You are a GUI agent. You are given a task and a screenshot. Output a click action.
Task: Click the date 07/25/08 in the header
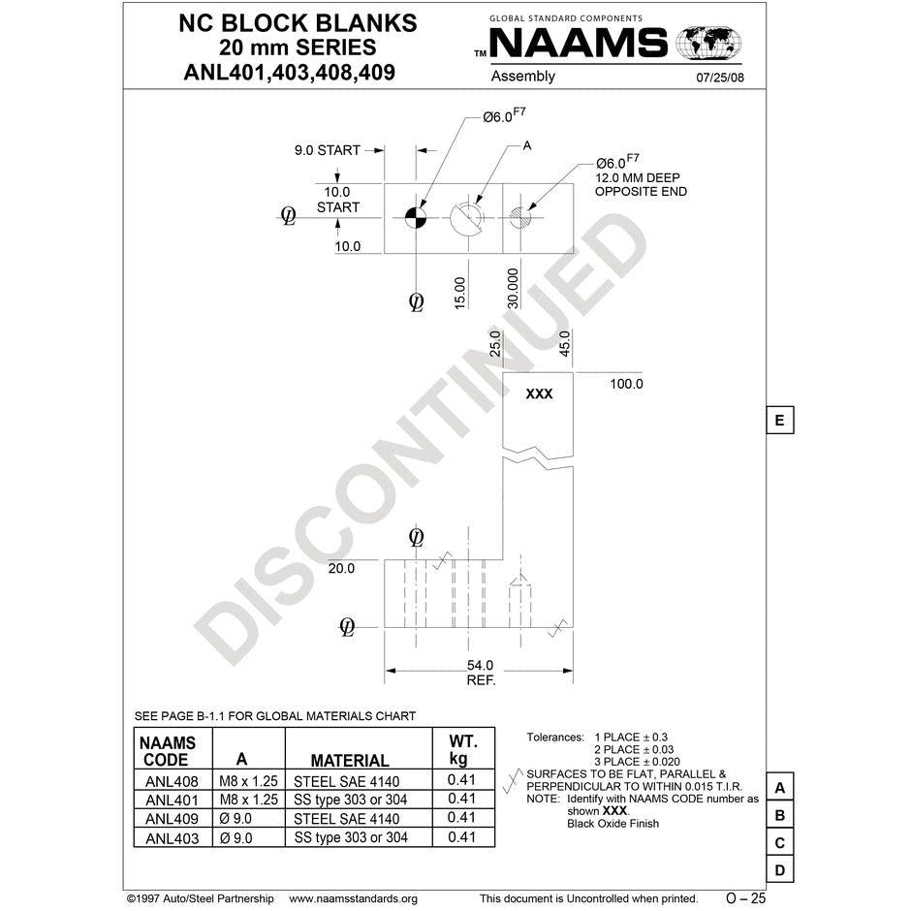(x=721, y=79)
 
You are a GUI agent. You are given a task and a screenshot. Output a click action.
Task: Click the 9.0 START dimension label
(x=327, y=150)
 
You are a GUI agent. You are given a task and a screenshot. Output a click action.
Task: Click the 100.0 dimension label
(x=626, y=384)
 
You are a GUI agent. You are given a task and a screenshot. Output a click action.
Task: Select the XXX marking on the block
(x=539, y=394)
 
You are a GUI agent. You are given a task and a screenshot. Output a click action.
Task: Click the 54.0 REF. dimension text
(x=481, y=673)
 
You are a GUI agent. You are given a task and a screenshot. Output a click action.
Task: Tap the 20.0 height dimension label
(x=341, y=569)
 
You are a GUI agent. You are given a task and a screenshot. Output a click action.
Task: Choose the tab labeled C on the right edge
(x=779, y=843)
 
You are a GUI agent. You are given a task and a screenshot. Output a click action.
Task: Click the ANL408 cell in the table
(x=172, y=781)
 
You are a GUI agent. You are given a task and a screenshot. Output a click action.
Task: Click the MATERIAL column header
(x=350, y=761)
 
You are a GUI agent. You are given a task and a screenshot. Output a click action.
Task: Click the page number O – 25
(x=745, y=898)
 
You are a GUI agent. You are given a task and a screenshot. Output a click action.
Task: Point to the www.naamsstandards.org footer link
(x=353, y=898)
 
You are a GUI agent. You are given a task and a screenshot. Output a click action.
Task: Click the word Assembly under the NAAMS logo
(x=523, y=77)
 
